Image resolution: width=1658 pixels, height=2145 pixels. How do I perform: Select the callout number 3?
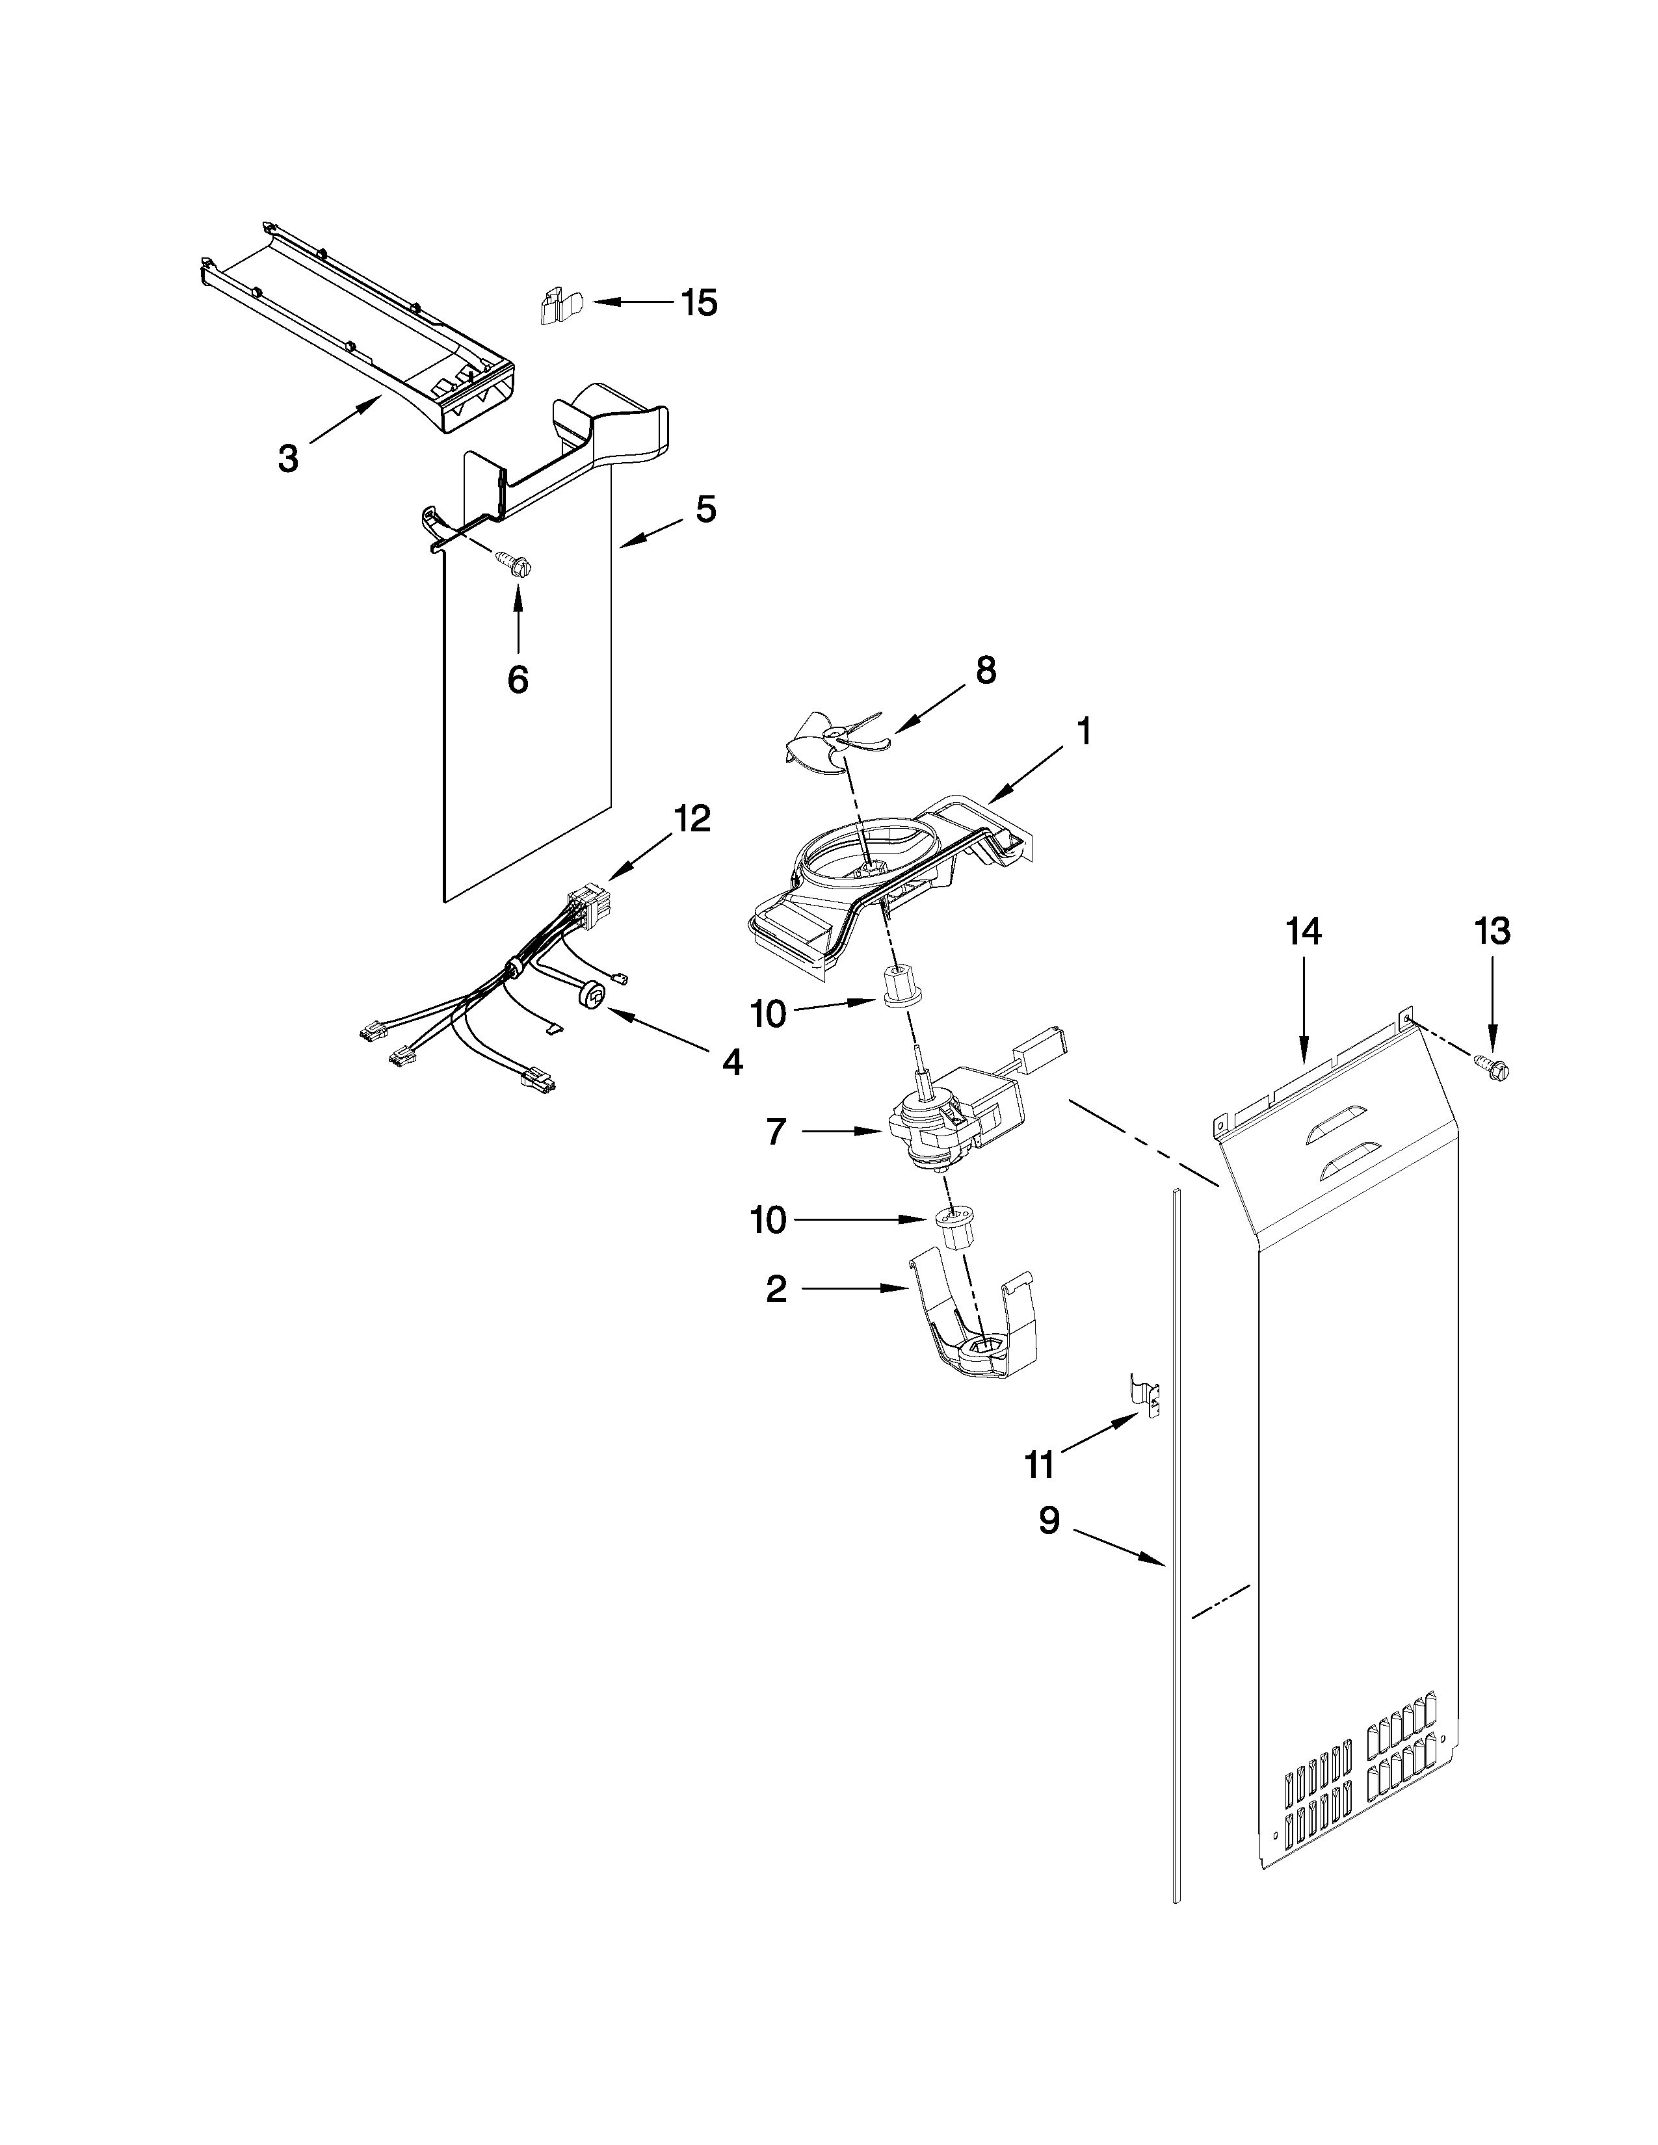[288, 459]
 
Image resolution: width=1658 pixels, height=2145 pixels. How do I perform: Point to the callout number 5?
[705, 509]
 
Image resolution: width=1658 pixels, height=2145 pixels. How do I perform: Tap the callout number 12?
[692, 818]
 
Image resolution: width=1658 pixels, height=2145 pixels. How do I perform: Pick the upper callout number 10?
[768, 1013]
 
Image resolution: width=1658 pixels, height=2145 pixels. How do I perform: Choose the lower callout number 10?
[768, 1220]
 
